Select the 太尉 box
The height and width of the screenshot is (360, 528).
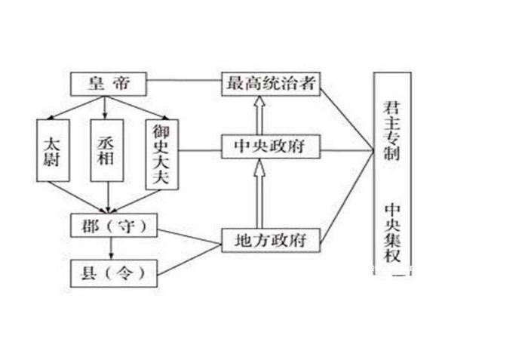coord(52,151)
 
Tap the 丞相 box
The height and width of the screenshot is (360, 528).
coord(106,151)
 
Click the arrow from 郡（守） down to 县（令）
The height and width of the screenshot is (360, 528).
coord(112,248)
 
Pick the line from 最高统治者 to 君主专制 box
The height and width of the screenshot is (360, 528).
coord(347,113)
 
